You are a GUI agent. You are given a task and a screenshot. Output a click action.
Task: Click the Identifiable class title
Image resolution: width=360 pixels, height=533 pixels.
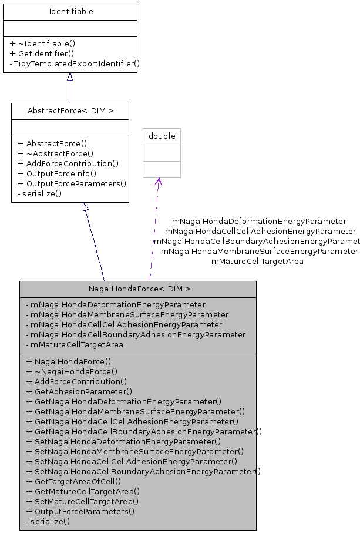coord(70,12)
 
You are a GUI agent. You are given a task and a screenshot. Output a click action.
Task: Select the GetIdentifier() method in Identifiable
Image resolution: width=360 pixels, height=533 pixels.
coord(42,53)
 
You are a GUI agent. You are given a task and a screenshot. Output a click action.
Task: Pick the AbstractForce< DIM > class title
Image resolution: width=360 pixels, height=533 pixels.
coord(70,111)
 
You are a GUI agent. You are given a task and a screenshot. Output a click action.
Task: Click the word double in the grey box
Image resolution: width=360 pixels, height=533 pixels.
coord(162,136)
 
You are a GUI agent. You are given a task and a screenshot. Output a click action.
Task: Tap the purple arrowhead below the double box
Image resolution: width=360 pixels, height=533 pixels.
coord(158,182)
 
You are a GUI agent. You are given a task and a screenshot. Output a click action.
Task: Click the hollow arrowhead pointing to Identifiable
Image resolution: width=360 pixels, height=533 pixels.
coord(70,77)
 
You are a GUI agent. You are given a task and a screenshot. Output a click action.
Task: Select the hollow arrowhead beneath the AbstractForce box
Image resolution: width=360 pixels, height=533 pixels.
coord(85,207)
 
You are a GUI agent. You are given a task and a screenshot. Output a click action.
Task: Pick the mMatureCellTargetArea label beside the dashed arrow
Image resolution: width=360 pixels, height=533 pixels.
coord(257,261)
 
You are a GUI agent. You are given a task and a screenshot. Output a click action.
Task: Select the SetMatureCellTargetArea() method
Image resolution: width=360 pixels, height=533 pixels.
coord(82,501)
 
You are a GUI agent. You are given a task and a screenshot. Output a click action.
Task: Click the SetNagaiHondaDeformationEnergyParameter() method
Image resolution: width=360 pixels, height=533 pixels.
coord(123,441)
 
